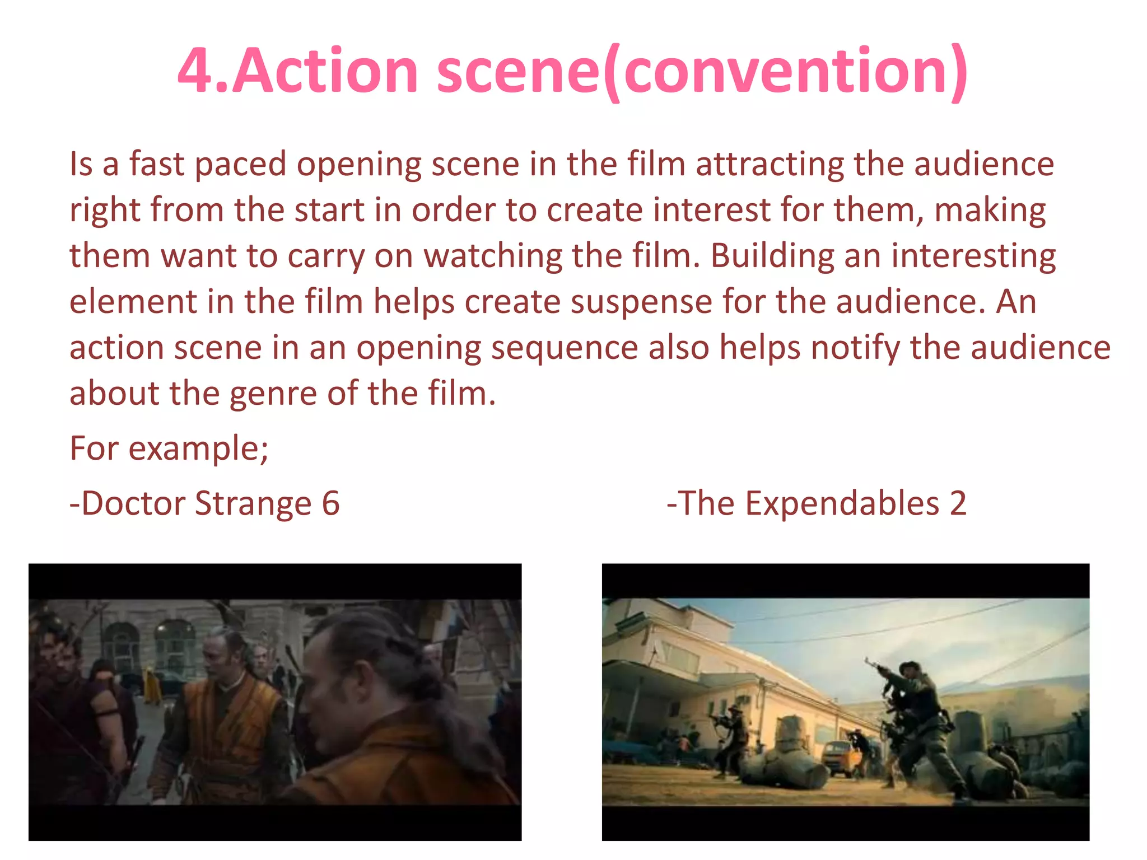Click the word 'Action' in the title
[x=325, y=71]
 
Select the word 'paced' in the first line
[x=240, y=165]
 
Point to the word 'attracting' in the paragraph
[x=770, y=165]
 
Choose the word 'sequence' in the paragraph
[x=565, y=348]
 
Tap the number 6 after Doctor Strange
[x=330, y=503]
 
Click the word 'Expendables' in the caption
[x=842, y=503]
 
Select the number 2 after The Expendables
[x=958, y=503]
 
